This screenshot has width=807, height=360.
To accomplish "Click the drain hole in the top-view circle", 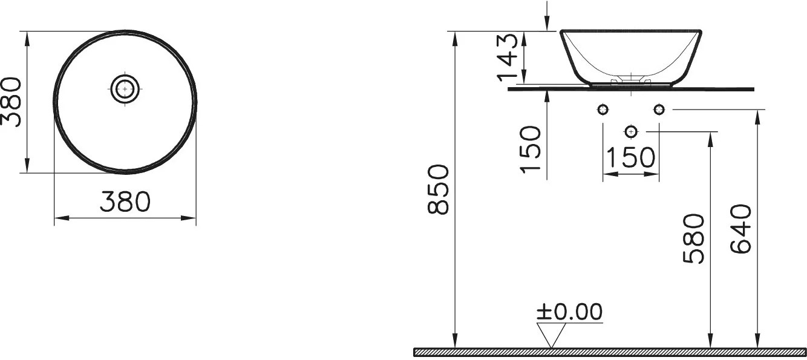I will click(x=125, y=89).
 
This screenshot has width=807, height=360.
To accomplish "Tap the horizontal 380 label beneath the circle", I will click(x=125, y=201).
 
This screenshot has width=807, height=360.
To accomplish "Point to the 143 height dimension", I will click(x=508, y=57).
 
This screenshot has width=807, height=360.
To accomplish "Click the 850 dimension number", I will click(x=439, y=189).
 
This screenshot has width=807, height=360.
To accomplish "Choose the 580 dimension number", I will click(x=694, y=238).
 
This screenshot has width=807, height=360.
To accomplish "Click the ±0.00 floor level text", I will click(x=569, y=312).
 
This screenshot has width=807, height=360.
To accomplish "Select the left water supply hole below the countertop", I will click(x=603, y=110).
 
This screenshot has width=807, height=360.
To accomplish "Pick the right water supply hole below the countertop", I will click(x=659, y=110).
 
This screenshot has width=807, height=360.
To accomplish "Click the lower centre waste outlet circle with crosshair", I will click(x=631, y=131).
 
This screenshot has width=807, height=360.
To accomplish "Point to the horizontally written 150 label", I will click(x=630, y=157).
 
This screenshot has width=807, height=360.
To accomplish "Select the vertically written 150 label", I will click(x=531, y=149).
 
